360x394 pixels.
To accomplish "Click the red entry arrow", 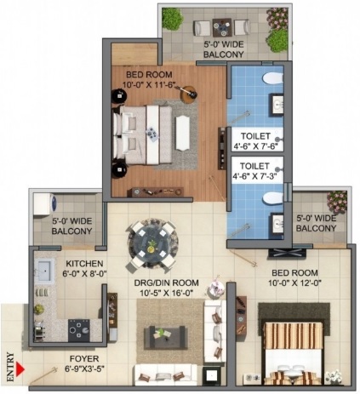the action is pyautogui.click(x=20, y=369).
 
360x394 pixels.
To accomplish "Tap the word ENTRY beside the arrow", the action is pyautogui.click(x=10, y=367).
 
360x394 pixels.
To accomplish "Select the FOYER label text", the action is pyautogui.click(x=84, y=359).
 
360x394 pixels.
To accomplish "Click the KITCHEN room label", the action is pyautogui.click(x=84, y=264).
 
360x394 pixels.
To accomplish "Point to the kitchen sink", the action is pyautogui.click(x=44, y=271).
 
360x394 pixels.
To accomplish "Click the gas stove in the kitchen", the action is pyautogui.click(x=79, y=330).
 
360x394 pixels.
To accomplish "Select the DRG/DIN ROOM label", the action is pyautogui.click(x=166, y=283).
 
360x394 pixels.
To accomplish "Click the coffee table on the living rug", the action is pyautogui.click(x=166, y=336).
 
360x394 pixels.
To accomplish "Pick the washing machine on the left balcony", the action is pyautogui.click(x=45, y=204).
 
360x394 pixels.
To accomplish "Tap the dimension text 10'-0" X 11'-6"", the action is pyautogui.click(x=149, y=85).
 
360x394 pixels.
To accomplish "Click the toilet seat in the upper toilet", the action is pyautogui.click(x=272, y=78).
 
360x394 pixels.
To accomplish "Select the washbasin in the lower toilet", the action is pyautogui.click(x=277, y=224).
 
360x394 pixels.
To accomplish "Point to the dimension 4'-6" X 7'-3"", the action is pyautogui.click(x=254, y=176).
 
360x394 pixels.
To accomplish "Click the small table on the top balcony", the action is pyautogui.click(x=222, y=27).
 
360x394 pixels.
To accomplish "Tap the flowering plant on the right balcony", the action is pyautogui.click(x=337, y=202).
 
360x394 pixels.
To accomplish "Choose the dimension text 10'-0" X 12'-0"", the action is pyautogui.click(x=295, y=283).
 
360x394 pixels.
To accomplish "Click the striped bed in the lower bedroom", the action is pyautogui.click(x=294, y=353).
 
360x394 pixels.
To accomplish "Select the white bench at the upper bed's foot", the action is pyautogui.click(x=183, y=134).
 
